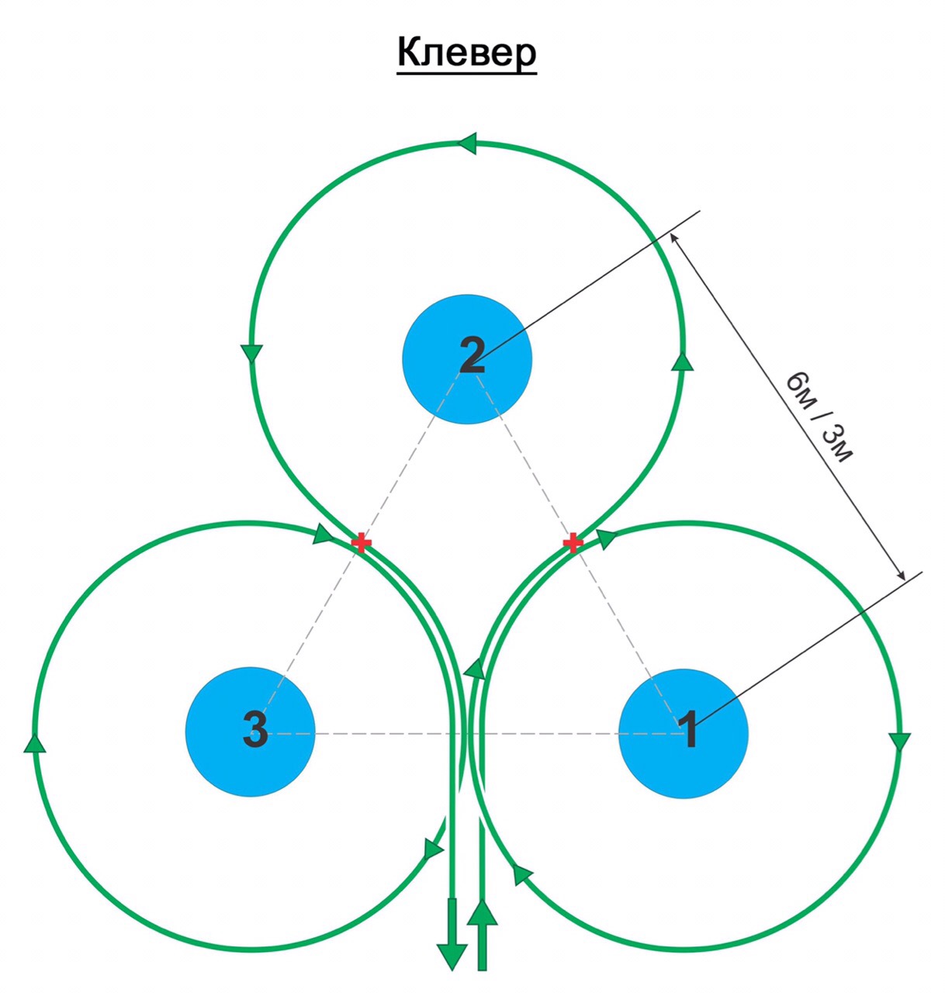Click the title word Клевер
[466, 54]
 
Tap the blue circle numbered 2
[466, 359]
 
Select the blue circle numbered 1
[683, 733]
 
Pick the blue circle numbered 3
[250, 732]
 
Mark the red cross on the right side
[572, 542]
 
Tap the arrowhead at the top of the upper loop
[467, 144]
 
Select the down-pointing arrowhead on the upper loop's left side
[251, 353]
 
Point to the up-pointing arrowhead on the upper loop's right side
[683, 361]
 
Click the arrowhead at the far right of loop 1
[900, 741]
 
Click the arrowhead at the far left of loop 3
[35, 743]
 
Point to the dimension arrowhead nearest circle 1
[900, 575]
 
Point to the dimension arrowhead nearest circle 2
[673, 237]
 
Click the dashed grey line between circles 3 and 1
[466, 732]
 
